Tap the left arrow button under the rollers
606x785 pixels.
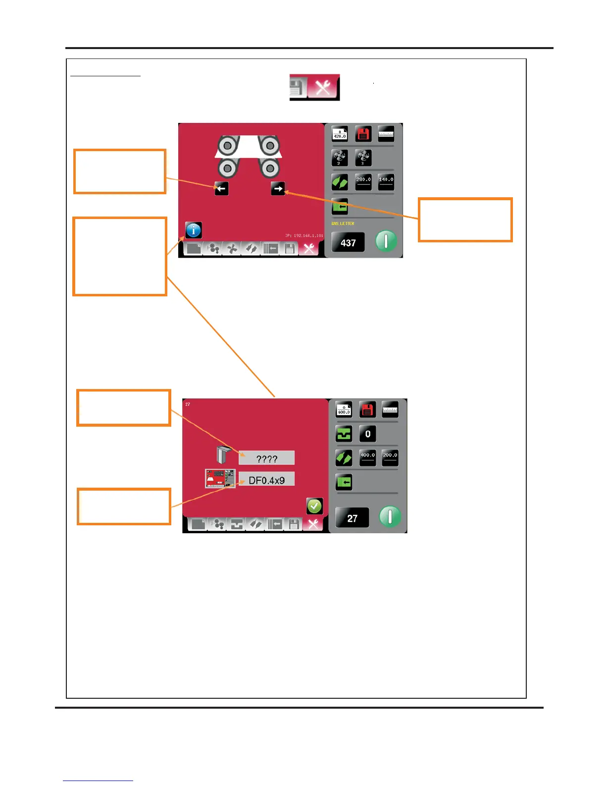[221, 188]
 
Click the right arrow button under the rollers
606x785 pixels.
[278, 188]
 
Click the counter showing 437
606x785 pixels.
[348, 243]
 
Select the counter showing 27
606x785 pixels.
[352, 518]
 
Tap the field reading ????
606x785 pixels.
[266, 458]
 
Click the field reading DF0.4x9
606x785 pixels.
[266, 480]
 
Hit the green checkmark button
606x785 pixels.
[314, 506]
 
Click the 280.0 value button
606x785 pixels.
[363, 182]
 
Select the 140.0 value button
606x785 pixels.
[386, 182]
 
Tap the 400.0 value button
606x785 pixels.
[367, 457]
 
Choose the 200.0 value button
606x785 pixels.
[390, 457]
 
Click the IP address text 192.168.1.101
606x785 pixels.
[304, 235]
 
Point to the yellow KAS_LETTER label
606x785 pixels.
[343, 224]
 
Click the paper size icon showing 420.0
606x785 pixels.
[340, 134]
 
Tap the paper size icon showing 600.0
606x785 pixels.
[344, 410]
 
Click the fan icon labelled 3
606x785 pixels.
[363, 158]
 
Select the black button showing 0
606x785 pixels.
[367, 434]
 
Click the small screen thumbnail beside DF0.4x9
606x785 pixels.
[220, 479]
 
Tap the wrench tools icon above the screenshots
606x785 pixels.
[323, 88]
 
